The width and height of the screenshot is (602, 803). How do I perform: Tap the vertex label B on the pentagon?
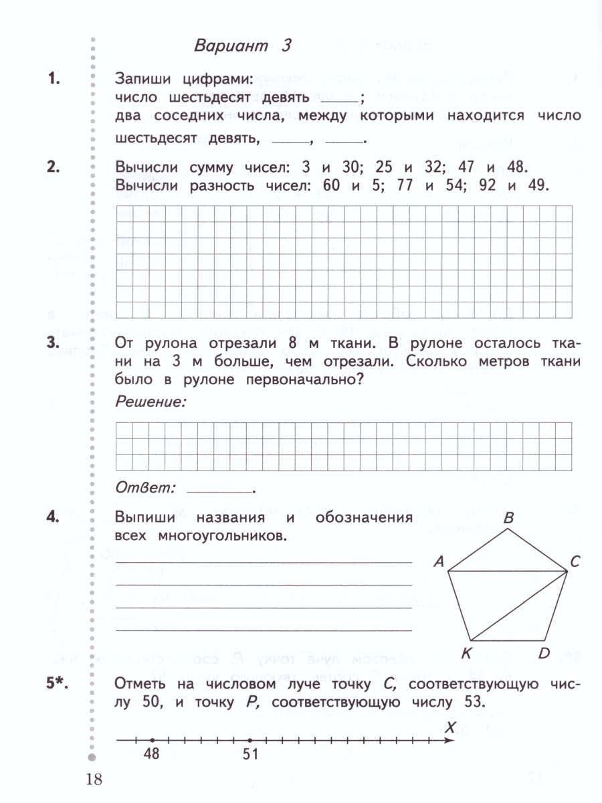tap(508, 518)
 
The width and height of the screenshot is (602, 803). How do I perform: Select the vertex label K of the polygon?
tap(467, 653)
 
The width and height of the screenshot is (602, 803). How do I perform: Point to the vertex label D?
tap(543, 653)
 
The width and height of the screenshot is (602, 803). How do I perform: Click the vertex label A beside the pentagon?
tap(439, 563)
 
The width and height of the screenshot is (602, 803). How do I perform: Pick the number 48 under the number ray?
tap(153, 754)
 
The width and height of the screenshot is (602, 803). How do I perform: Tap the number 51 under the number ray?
tap(249, 754)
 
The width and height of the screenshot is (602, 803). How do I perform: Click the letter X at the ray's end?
tap(451, 727)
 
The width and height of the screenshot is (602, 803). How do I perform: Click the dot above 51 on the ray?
tap(249, 740)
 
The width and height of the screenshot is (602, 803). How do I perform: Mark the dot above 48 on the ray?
tap(153, 740)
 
